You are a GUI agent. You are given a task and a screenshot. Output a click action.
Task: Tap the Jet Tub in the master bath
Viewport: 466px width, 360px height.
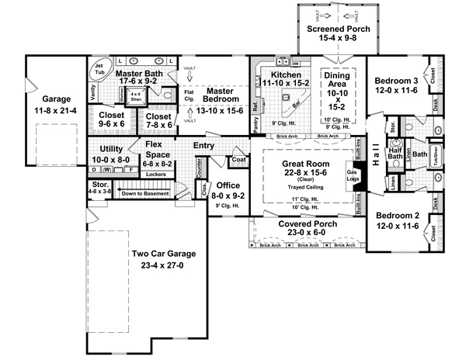[x=100, y=70]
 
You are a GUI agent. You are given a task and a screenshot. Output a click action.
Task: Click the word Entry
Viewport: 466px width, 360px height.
[x=204, y=145]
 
